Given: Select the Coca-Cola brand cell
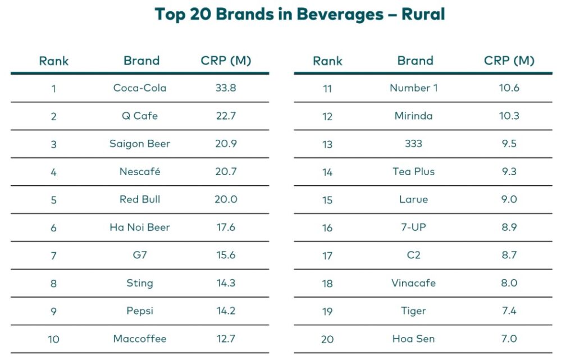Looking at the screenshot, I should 140,88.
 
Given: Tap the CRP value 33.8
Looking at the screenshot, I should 226,88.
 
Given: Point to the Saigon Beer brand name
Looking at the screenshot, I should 140,144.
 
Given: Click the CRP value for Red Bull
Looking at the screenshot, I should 226,199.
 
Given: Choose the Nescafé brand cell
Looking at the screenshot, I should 140,172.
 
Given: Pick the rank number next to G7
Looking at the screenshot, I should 54,256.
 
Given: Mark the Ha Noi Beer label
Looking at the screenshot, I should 140,227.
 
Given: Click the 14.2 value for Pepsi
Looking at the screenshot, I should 226,311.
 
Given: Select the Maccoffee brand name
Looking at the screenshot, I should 140,339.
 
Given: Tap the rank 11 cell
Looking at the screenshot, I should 327,88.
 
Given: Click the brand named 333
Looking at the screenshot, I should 414,144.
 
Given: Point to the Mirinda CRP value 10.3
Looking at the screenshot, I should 509,116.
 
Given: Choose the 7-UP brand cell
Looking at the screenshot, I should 414,227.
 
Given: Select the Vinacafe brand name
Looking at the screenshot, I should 414,283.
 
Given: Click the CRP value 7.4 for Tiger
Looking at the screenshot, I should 509,311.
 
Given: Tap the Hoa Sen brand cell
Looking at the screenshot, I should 414,339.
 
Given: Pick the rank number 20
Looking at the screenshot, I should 327,339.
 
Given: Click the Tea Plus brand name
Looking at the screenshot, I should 414,172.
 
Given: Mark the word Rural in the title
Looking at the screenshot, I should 423,15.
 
